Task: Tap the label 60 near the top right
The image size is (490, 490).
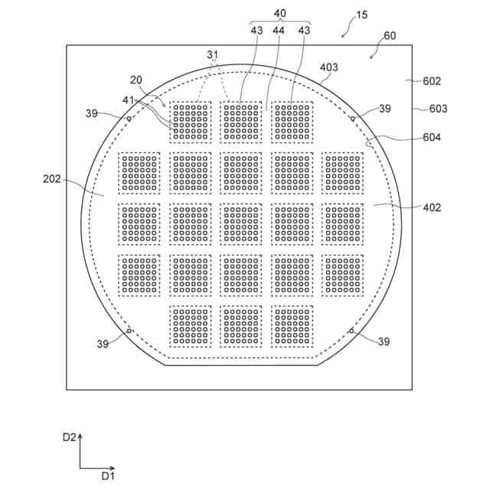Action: click(390, 37)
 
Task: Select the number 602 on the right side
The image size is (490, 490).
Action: click(433, 81)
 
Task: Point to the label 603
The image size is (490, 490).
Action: click(438, 109)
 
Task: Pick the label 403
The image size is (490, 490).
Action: click(328, 67)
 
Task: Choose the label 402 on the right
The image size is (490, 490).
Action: click(432, 207)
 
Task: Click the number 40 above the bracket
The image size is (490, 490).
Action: click(279, 12)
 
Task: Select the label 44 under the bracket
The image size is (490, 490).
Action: click(279, 30)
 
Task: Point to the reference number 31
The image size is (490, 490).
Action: click(213, 55)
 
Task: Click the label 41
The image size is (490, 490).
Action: click(128, 100)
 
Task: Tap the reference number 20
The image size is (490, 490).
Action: click(136, 80)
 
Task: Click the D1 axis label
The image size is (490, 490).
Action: click(108, 475)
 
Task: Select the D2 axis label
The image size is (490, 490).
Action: click(69, 438)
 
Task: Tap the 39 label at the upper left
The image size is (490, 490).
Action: click(92, 113)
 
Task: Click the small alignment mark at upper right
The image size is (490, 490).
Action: click(352, 119)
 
